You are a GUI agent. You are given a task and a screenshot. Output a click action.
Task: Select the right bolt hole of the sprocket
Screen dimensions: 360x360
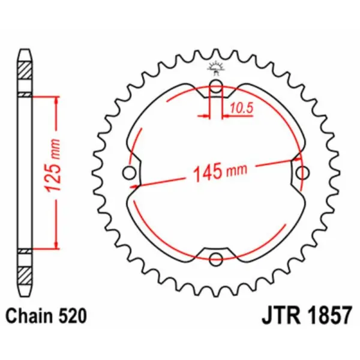pos(304,173)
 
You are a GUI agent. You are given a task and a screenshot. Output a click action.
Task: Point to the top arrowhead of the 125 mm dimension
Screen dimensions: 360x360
pos(56,98)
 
